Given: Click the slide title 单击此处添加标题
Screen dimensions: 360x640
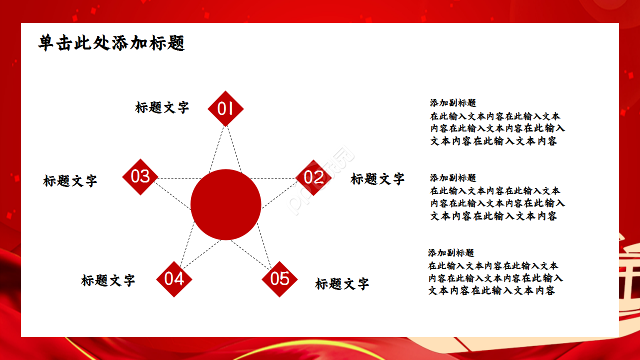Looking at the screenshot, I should [x=111, y=43].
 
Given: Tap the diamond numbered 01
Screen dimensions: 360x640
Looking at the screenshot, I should [x=225, y=108].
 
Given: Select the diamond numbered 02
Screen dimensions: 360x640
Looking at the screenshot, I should [x=313, y=177].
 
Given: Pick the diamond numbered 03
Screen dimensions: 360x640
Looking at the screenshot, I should [x=140, y=176].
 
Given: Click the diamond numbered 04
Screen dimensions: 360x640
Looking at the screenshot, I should [x=174, y=279].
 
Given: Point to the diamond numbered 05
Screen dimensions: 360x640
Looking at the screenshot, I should [x=279, y=279].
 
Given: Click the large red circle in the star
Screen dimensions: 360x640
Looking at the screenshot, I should [x=226, y=204].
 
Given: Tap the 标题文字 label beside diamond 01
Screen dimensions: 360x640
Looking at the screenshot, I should [x=162, y=107].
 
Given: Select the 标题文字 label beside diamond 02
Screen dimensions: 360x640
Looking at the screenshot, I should [x=377, y=179].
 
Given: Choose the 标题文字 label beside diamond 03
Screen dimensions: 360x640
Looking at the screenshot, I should [x=70, y=181].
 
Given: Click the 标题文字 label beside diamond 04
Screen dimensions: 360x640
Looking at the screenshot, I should [x=108, y=280].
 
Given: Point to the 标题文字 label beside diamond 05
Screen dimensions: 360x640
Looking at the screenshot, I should [x=342, y=284].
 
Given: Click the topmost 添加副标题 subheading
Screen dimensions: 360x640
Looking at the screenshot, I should [x=453, y=103].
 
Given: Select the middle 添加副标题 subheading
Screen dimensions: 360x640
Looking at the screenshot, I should [x=453, y=178].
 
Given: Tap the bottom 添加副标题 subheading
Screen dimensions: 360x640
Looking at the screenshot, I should [x=451, y=253].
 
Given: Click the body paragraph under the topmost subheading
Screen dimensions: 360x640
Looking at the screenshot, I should [x=497, y=128].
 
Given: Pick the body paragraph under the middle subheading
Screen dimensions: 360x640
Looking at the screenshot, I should [x=497, y=203].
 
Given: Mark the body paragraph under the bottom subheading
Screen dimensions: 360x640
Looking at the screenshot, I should [x=495, y=278].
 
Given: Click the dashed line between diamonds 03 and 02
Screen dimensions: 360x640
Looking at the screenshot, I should [x=175, y=178].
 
